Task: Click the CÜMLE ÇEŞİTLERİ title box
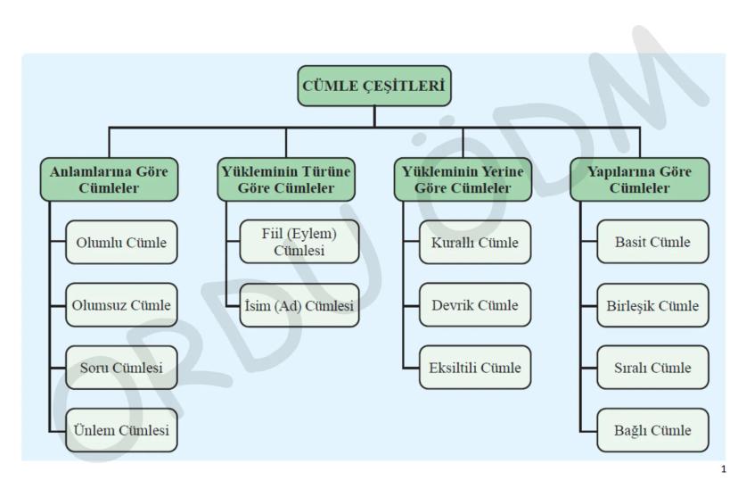[x=374, y=87]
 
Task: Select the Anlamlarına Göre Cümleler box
[x=109, y=179]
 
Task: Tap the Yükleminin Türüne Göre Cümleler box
[x=286, y=179]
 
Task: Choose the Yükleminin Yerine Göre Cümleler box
[x=463, y=179]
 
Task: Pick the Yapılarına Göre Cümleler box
[x=640, y=179]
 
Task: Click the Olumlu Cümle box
[x=121, y=243]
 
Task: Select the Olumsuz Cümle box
[x=121, y=305]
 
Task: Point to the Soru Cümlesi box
[x=121, y=368]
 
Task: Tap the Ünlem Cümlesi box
[x=121, y=431]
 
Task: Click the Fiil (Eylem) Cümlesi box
[x=299, y=243]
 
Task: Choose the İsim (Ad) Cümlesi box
[x=299, y=305]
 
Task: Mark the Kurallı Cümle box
[x=475, y=243]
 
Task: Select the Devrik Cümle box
[x=475, y=305]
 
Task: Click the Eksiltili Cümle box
[x=475, y=368]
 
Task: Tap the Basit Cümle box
[x=653, y=243]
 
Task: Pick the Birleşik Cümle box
[x=653, y=305]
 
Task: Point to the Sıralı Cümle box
[x=653, y=368]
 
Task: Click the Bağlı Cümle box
[x=653, y=431]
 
